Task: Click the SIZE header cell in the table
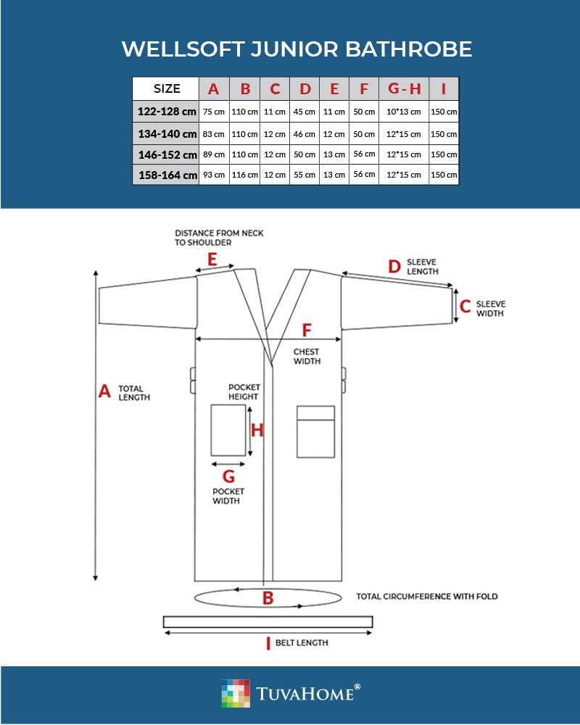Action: tap(166, 89)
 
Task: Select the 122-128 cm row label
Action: tap(166, 112)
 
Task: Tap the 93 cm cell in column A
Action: tap(214, 175)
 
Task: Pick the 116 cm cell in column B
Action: tap(245, 175)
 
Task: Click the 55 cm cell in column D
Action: tap(304, 175)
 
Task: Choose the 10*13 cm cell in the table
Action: tap(404, 112)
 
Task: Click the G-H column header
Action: tap(404, 89)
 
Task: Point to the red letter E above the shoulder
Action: tap(212, 259)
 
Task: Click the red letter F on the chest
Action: tap(307, 330)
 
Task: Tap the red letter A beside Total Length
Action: tap(104, 391)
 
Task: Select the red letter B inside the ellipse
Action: tap(268, 598)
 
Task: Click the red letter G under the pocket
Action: tap(228, 476)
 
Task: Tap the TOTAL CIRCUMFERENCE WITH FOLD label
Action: tap(427, 597)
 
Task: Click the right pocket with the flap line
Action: tap(315, 431)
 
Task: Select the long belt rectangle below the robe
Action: tap(268, 622)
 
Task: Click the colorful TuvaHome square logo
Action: tap(235, 693)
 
